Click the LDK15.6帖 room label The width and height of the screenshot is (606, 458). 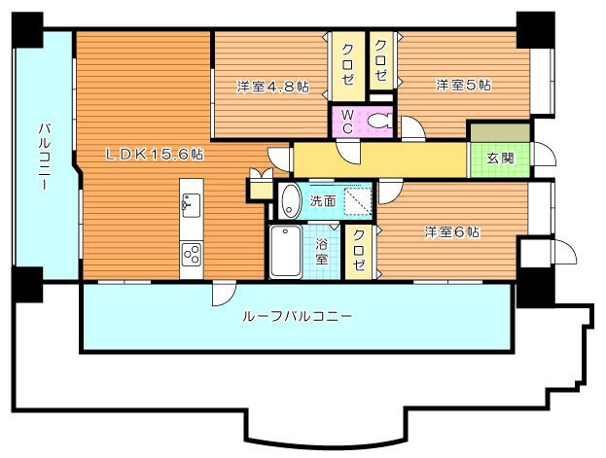tap(155, 155)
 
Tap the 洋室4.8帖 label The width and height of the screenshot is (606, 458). tap(273, 87)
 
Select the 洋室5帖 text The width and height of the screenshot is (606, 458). tap(463, 85)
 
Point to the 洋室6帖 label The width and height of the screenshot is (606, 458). tap(452, 232)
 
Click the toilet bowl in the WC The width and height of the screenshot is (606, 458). tap(379, 121)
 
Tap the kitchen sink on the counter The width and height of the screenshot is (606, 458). tap(192, 204)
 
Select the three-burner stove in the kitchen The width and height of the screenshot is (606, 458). tap(192, 254)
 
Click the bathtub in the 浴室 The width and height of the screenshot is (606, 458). tap(286, 251)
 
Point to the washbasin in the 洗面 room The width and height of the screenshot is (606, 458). tap(291, 201)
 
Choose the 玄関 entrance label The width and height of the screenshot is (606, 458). tap(500, 159)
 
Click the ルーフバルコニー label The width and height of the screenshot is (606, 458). tap(297, 317)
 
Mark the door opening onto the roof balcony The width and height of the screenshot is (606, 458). tap(224, 294)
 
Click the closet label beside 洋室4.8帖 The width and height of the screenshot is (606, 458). tap(348, 64)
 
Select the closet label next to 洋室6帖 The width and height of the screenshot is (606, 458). tap(359, 250)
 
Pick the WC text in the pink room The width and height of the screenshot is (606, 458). tap(347, 121)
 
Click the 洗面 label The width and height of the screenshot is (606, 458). tap(323, 201)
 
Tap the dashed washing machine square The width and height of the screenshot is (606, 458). tap(358, 201)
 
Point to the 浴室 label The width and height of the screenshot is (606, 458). tap(322, 251)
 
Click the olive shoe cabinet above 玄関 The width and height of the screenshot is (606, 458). tap(500, 132)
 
